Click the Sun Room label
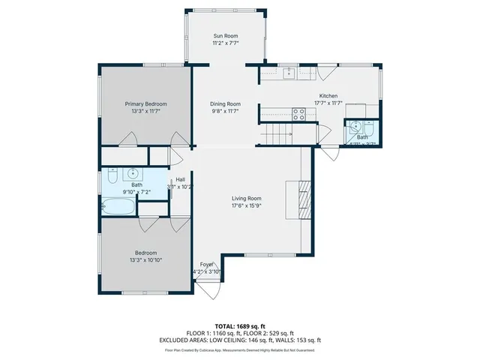pos(225,35)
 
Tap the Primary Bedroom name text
pos(145,103)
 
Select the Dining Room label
pos(225,103)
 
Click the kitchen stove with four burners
pos(298,114)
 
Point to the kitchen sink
pos(288,73)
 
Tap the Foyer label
pos(207,265)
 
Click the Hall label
pos(180,179)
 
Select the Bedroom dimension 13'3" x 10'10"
pos(145,259)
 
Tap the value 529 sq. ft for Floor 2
pos(279,332)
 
